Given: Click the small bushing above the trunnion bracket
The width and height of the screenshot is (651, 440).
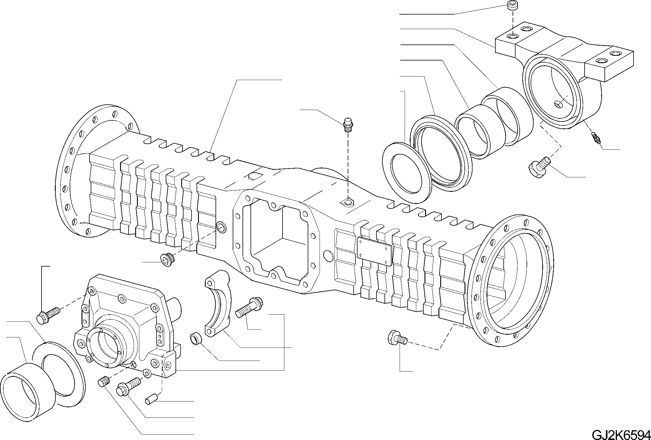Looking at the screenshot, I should click(x=512, y=6).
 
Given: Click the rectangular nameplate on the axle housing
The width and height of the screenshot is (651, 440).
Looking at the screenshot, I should click(x=375, y=252).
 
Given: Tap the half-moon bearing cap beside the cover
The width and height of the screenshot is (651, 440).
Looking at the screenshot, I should click(x=218, y=304).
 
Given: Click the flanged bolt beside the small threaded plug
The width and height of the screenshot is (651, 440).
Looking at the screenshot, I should click(x=127, y=387).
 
